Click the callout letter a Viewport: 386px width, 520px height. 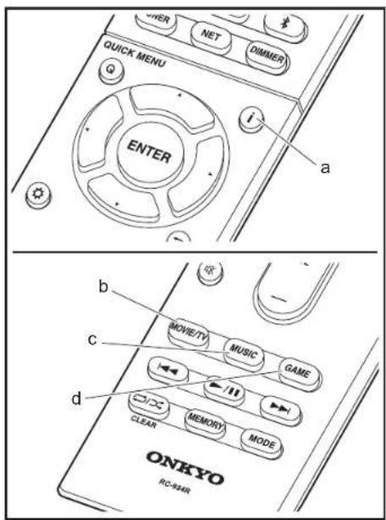pyautogui.click(x=322, y=166)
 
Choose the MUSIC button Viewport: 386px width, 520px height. pyautogui.click(x=241, y=348)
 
